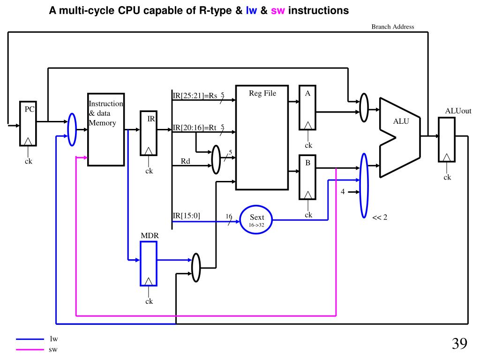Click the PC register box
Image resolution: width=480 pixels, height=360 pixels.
[x=28, y=123]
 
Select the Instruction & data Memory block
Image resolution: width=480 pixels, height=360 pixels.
[x=106, y=129]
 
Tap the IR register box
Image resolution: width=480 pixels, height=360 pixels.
[x=149, y=133]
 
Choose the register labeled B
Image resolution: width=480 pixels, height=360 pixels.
[x=307, y=177]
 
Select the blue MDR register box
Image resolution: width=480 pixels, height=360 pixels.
[x=148, y=263]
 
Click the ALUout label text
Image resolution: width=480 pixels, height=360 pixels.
[x=457, y=111]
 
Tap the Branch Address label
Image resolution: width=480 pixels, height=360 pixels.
[x=392, y=27]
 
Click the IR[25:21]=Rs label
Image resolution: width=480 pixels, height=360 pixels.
[x=195, y=96]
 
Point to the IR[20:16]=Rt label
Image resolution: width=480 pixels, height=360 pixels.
[x=195, y=127]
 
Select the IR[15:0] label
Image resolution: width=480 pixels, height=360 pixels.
[x=187, y=216]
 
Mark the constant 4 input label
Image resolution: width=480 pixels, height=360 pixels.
[x=343, y=192]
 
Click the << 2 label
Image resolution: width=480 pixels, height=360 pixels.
[x=380, y=217]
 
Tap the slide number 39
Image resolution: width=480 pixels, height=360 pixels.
[x=459, y=344]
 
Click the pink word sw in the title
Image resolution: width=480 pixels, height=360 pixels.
[x=277, y=10]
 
